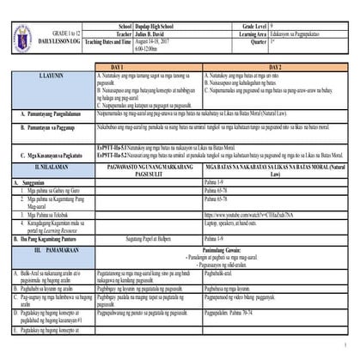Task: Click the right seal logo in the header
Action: coord(46,11)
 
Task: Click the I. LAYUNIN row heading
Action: coord(52,76)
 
